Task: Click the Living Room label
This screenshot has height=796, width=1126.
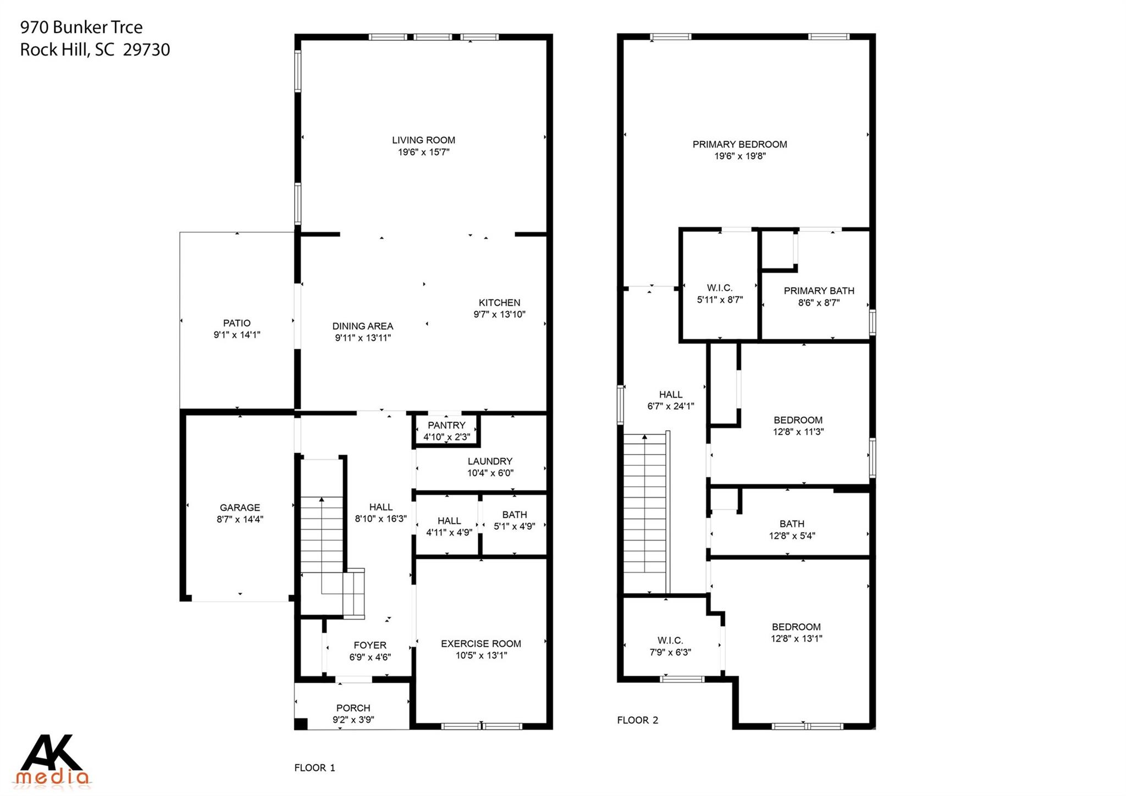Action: tap(423, 140)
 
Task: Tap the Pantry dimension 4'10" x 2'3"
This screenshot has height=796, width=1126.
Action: tap(446, 437)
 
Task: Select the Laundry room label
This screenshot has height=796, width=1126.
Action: tap(490, 461)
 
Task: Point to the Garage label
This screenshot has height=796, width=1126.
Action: tap(240, 507)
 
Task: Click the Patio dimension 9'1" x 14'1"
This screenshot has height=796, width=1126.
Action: tap(237, 334)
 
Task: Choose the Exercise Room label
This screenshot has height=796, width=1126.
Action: tap(481, 644)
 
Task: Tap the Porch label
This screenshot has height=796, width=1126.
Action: tap(353, 708)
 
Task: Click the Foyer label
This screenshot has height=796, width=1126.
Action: tap(369, 645)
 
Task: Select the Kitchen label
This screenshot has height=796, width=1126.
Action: tap(499, 303)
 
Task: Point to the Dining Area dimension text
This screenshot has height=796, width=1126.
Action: tap(363, 338)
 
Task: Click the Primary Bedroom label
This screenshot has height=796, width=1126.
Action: tap(739, 144)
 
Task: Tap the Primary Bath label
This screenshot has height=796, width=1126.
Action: tap(819, 290)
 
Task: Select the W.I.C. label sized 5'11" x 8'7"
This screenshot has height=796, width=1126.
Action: tap(719, 288)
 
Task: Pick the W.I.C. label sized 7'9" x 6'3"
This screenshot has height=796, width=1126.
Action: tap(670, 640)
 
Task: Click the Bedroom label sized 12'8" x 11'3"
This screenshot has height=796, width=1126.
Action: tap(798, 420)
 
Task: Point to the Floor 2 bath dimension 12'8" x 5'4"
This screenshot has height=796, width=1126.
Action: tap(792, 536)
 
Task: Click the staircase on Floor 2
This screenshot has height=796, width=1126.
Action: tap(645, 512)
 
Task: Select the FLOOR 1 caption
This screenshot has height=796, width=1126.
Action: tap(314, 767)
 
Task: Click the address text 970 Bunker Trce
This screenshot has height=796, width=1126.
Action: tap(81, 27)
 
